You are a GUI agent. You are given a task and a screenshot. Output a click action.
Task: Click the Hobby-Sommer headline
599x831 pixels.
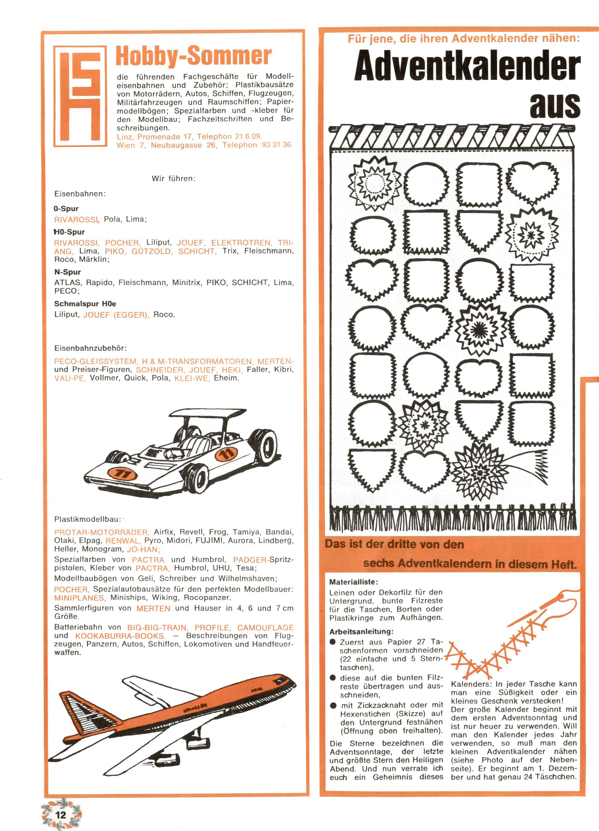coord(194,56)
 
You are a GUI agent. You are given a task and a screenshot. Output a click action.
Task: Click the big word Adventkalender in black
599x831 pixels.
coord(467,68)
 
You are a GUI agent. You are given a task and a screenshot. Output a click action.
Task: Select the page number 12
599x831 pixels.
coord(60,814)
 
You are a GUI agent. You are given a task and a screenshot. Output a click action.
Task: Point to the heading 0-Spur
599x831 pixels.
coord(66,209)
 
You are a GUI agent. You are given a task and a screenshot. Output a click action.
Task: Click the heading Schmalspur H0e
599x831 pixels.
coord(85,304)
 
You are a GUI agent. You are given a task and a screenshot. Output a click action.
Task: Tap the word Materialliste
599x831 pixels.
coord(353,582)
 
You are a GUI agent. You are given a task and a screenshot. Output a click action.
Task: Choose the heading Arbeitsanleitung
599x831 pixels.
coord(361,632)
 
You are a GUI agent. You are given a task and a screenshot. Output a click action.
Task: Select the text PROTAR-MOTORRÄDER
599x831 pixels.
coord(101,532)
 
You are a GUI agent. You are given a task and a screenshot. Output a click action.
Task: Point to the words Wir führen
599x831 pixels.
coord(173,179)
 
